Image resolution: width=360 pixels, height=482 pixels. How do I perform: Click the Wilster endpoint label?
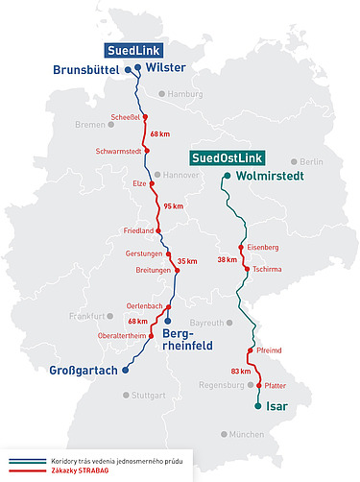166,67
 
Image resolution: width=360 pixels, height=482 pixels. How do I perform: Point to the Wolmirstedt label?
275,176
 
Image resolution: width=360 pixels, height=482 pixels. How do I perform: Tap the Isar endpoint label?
276,405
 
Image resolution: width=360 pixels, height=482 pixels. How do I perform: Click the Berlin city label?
311,161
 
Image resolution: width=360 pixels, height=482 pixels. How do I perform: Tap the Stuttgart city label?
147,395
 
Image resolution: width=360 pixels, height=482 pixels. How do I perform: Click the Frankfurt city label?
85,316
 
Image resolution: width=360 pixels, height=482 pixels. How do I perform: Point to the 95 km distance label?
173,206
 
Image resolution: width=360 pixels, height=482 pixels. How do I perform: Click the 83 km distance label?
241,371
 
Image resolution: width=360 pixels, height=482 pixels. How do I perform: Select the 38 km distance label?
227,259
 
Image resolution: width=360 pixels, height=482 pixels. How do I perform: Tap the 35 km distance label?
187,260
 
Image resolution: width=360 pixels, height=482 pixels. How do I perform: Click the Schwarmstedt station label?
119,152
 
